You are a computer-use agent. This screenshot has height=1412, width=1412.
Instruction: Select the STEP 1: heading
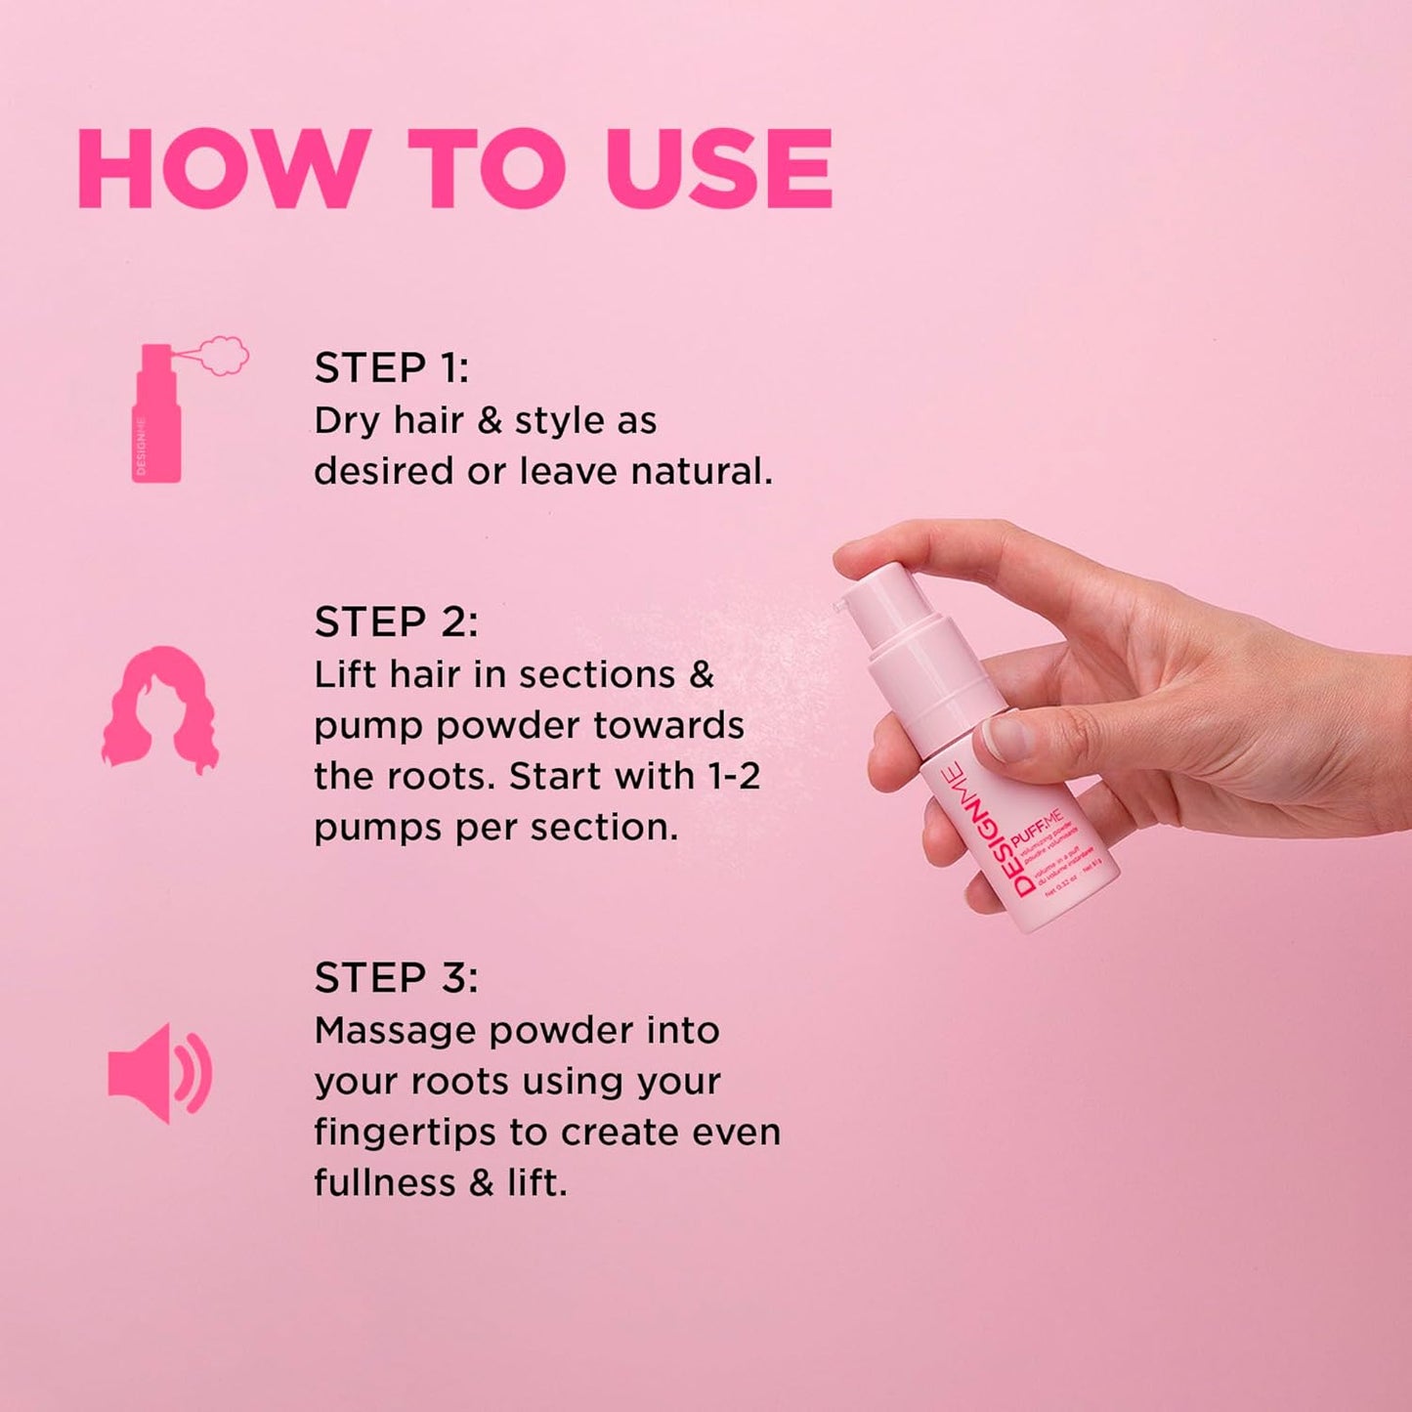point(391,368)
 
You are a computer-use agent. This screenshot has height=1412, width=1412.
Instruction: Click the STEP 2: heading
point(396,622)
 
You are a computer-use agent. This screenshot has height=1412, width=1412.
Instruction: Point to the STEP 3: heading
point(396,978)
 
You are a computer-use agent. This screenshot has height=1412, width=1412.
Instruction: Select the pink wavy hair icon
point(160,710)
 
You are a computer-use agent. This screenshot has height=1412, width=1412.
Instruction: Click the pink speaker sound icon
point(159,1073)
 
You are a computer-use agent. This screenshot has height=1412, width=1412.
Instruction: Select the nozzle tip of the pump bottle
point(837,608)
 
